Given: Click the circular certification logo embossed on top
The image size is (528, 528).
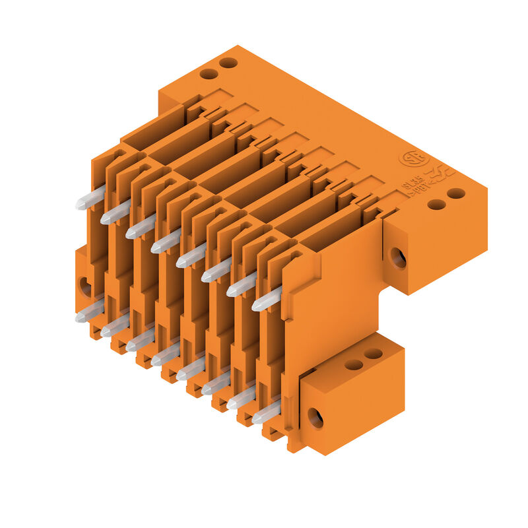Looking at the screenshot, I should (x=413, y=159).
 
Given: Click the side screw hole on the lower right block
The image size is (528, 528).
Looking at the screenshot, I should (x=315, y=418).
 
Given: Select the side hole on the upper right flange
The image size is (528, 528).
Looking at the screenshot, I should (x=398, y=257).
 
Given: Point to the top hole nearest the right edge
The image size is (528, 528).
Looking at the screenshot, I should (x=456, y=193).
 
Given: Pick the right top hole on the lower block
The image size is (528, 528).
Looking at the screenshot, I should (x=373, y=354).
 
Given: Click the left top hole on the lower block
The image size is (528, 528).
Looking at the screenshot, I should (x=354, y=364).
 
